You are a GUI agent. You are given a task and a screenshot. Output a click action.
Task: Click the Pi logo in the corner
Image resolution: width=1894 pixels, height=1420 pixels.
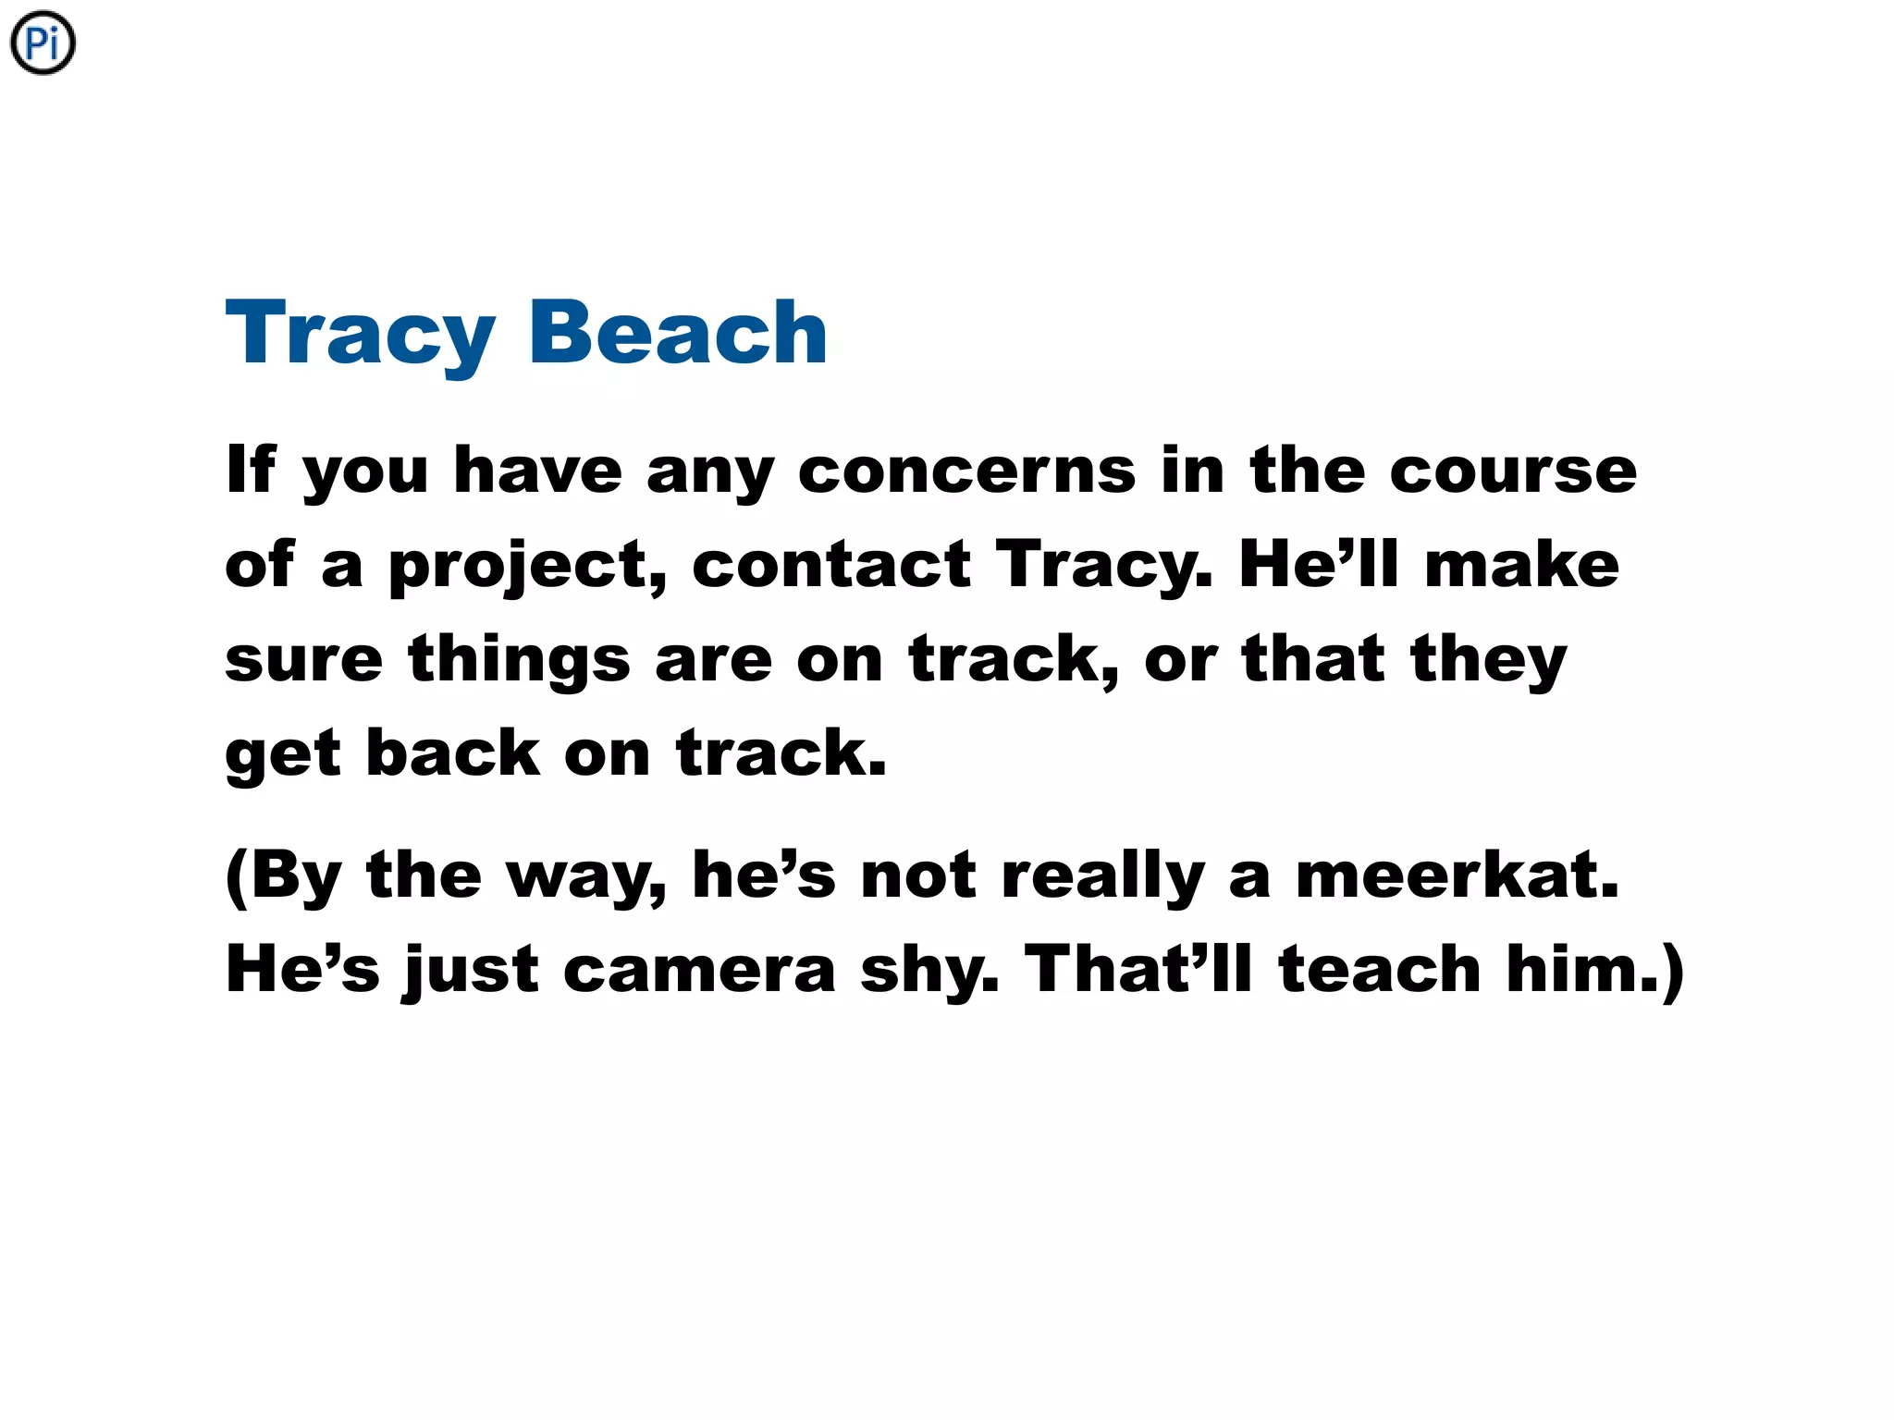pyautogui.click(x=43, y=43)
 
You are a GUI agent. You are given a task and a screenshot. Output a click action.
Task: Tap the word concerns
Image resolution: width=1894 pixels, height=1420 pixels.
pyautogui.click(x=966, y=471)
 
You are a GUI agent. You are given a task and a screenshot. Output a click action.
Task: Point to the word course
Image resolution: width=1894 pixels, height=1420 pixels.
pyautogui.click(x=1513, y=471)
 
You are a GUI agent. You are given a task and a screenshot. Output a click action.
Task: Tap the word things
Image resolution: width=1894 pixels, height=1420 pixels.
pyautogui.click(x=520, y=660)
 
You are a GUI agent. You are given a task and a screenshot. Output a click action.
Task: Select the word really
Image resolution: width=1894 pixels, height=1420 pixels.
pyautogui.click(x=1104, y=876)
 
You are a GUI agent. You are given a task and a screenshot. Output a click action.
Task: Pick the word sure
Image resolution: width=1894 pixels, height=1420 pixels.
pyautogui.click(x=304, y=660)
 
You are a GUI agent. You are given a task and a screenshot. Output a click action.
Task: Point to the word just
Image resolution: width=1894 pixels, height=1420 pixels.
pyautogui.click(x=472, y=971)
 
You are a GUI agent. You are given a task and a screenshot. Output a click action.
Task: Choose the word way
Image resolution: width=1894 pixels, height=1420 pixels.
pyautogui.click(x=586, y=876)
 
